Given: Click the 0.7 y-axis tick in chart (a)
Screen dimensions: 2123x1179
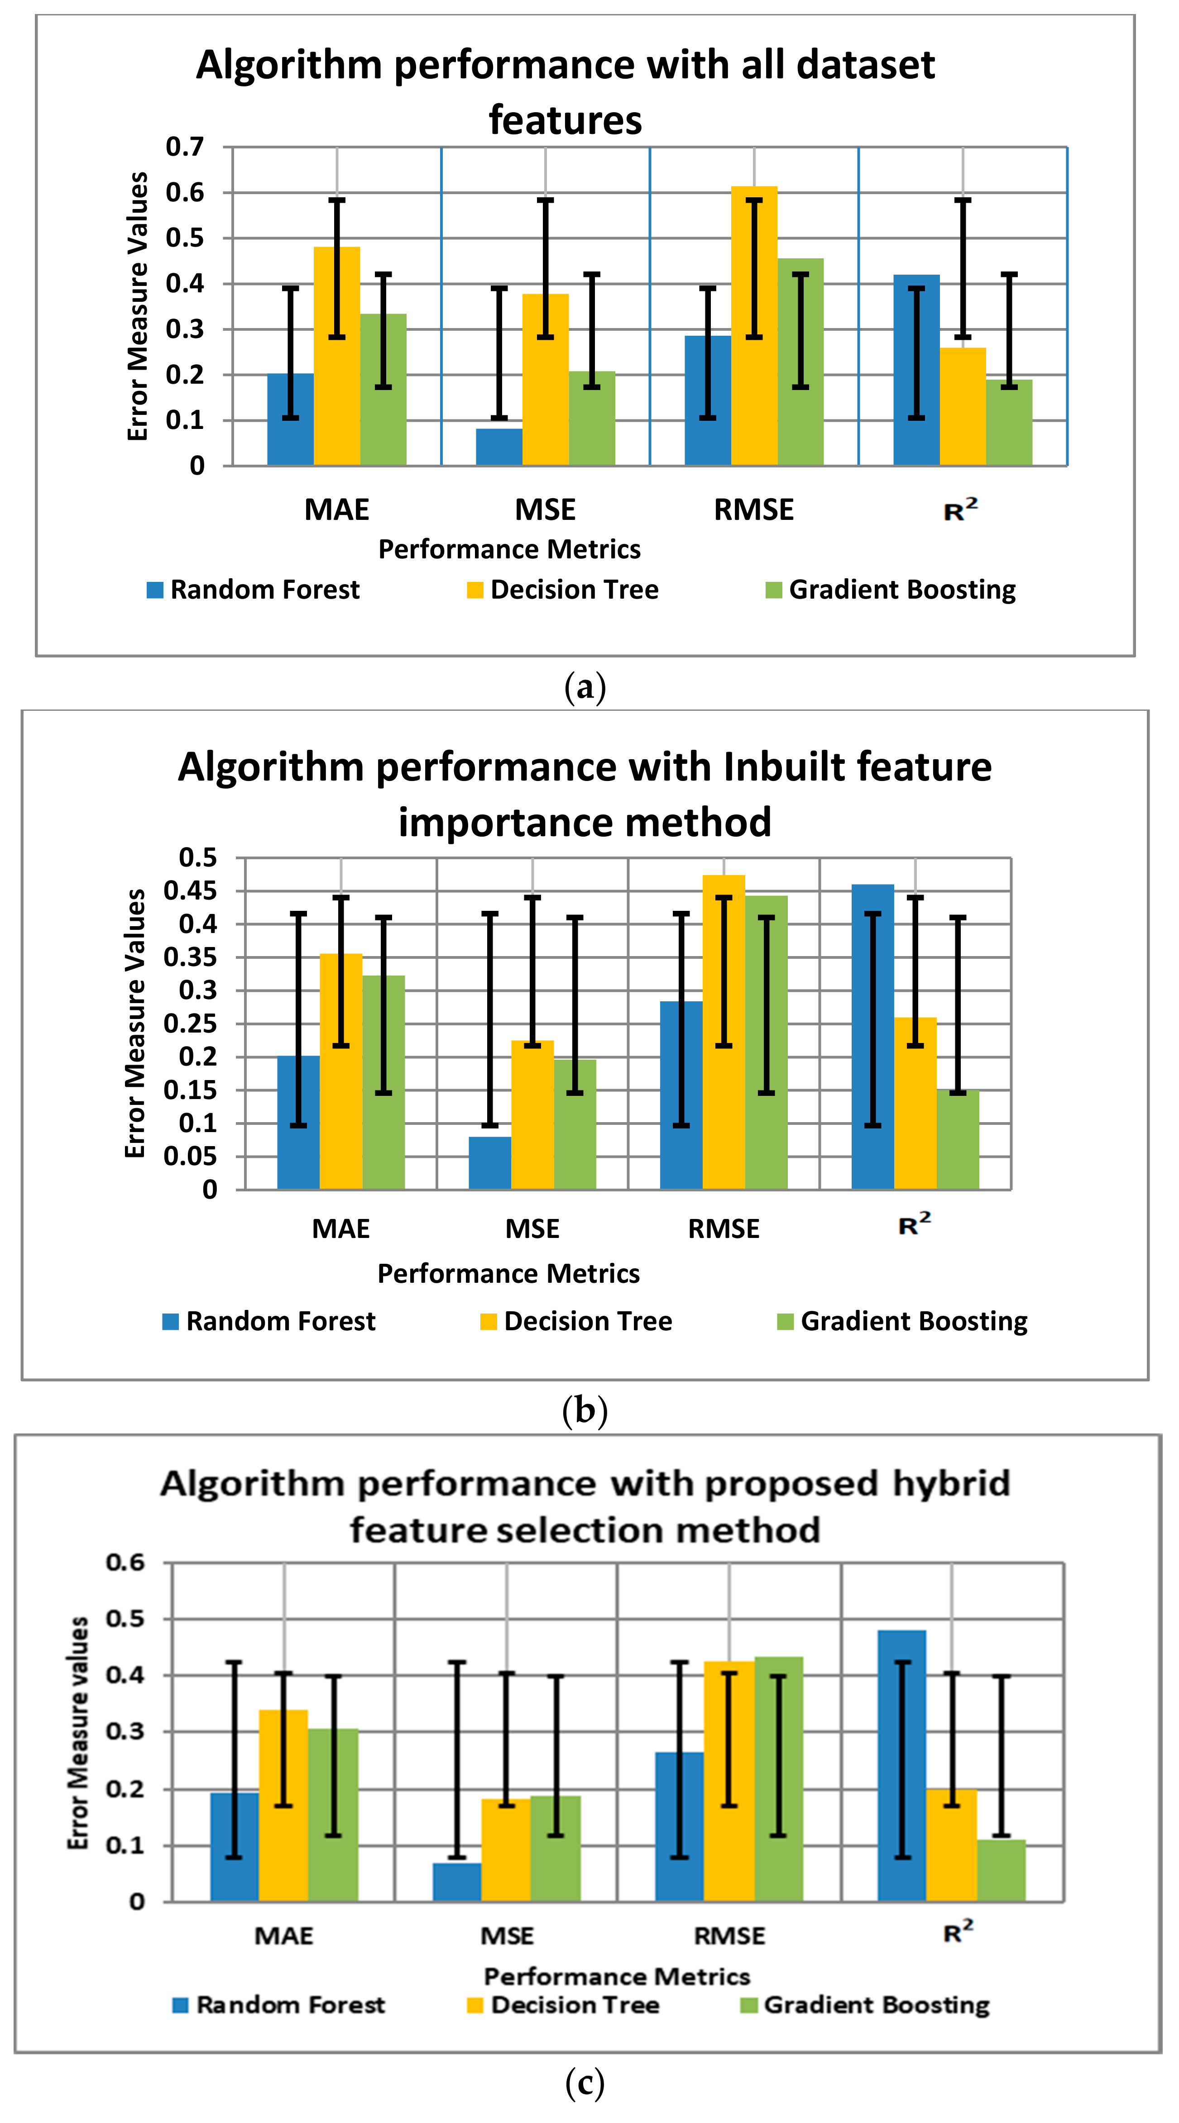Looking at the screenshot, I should tap(185, 147).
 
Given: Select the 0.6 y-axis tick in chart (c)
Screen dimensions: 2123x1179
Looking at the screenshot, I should tap(125, 1562).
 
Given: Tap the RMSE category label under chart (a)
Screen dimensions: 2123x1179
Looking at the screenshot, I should tap(753, 509).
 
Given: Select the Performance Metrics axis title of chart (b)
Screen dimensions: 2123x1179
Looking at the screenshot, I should tap(509, 1273).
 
